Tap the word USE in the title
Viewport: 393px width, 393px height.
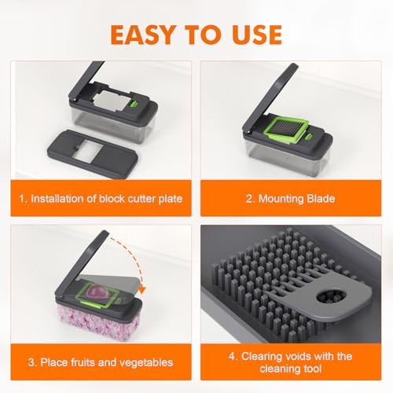257,35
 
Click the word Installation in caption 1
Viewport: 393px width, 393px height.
57,199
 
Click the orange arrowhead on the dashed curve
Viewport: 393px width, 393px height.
141,289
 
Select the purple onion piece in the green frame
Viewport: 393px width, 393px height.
97,292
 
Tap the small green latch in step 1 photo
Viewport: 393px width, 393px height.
134,104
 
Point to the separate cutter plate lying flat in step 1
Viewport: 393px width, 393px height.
93,154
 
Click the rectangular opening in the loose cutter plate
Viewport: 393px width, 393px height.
86,149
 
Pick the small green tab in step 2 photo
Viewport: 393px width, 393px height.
309,137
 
